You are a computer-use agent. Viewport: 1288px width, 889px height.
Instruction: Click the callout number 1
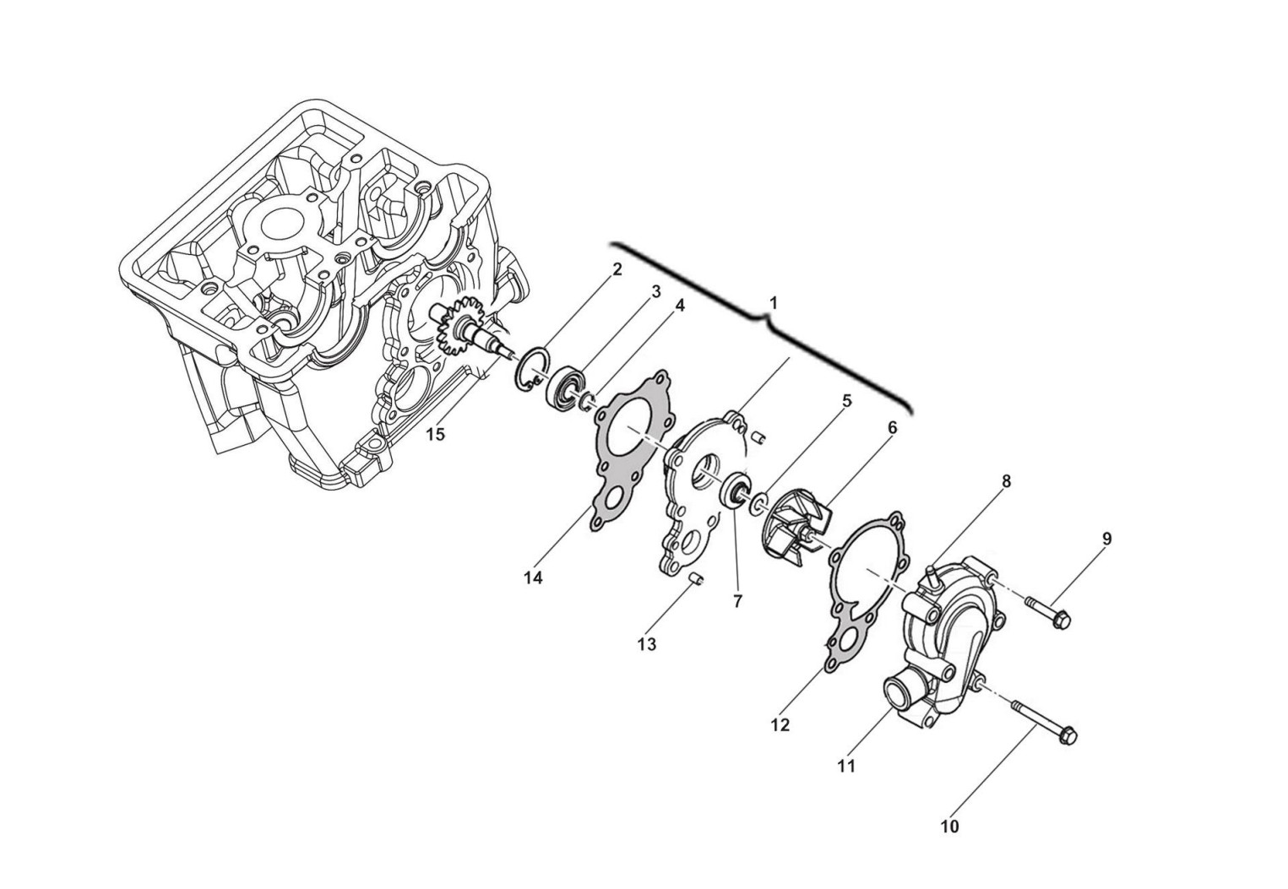coord(774,303)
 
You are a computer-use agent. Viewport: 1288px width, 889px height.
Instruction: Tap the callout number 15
coord(435,435)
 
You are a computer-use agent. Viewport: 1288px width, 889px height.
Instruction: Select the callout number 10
coord(950,827)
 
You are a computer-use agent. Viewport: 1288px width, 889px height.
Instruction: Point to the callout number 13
coord(647,645)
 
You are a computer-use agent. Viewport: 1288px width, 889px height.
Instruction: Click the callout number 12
coord(780,725)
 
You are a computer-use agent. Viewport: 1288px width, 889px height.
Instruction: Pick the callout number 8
coord(1006,481)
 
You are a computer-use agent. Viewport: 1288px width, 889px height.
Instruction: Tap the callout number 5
coord(846,401)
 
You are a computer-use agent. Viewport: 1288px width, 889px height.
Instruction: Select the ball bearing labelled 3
coord(564,388)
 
